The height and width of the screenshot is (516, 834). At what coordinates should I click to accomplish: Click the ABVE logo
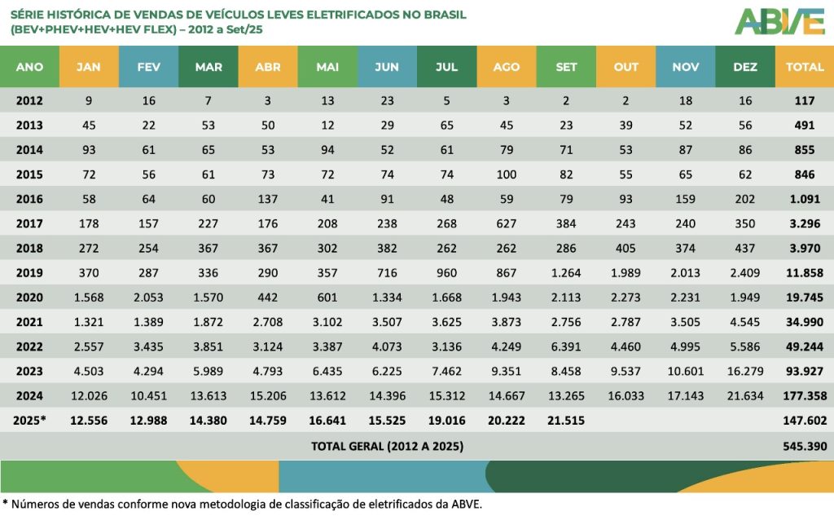[x=779, y=22]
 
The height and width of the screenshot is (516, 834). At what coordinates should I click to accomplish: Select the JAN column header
[x=88, y=67]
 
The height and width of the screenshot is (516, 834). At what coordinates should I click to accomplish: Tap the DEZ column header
[x=745, y=67]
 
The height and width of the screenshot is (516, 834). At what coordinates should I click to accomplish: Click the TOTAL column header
[x=805, y=67]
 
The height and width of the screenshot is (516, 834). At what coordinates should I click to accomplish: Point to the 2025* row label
[x=29, y=421]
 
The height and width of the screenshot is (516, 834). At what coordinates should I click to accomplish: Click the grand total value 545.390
[x=805, y=446]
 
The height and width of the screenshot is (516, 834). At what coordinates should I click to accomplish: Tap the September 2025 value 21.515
[x=566, y=421]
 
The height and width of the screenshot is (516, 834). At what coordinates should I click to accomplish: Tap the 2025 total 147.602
[x=805, y=421]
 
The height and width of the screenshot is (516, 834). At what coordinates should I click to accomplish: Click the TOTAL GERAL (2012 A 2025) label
[x=387, y=446]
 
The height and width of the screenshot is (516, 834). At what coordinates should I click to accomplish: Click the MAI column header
[x=327, y=67]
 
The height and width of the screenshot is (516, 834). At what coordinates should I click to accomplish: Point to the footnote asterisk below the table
[x=5, y=502]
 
